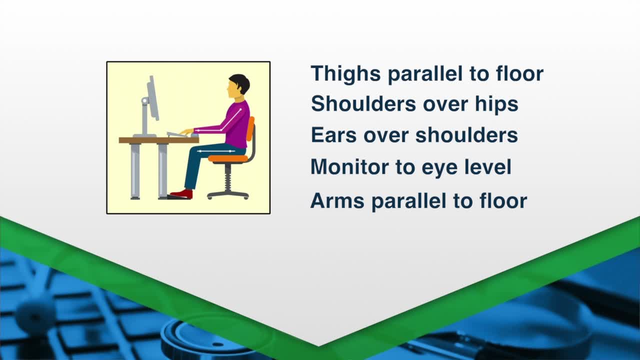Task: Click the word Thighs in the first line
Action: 345,74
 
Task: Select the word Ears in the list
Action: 333,135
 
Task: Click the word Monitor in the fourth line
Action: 349,166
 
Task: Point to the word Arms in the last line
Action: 337,200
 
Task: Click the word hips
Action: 496,104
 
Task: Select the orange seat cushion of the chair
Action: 228,158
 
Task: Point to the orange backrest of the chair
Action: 250,128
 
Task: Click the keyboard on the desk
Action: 177,134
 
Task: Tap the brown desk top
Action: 159,140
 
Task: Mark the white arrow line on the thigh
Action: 216,151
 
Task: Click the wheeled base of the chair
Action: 227,195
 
